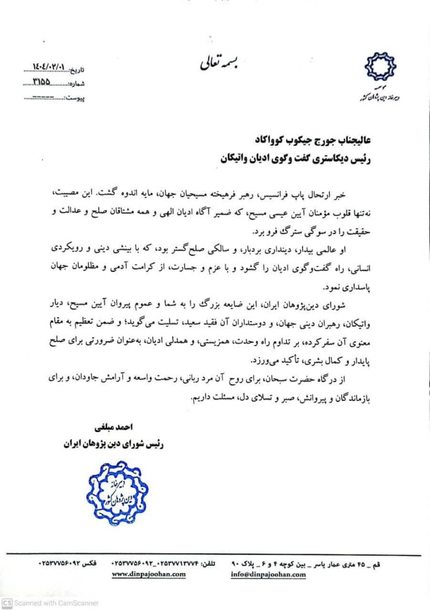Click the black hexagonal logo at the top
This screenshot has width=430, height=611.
point(380,67)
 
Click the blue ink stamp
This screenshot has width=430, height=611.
point(113,492)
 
